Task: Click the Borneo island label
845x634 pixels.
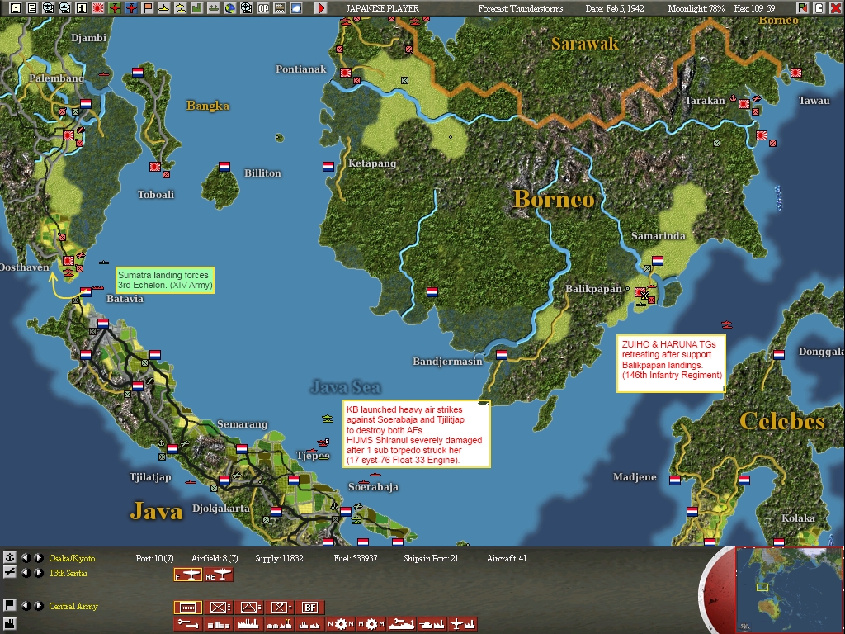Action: pos(553,199)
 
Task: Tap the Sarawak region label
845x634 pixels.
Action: pos(585,44)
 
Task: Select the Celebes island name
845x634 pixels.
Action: pos(781,421)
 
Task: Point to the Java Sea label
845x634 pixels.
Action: pos(346,386)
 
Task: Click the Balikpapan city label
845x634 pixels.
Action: pos(593,289)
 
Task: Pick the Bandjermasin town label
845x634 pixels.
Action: pos(447,362)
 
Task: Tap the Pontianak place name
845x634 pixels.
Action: pos(301,69)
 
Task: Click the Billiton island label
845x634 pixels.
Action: pos(262,173)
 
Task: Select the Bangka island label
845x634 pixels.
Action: pos(208,106)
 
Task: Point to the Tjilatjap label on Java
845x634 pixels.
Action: pos(150,477)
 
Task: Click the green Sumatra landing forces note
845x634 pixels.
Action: pos(165,279)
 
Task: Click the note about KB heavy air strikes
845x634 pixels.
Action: pos(416,434)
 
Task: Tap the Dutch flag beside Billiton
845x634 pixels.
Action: pos(224,167)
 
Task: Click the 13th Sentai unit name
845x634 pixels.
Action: pos(68,573)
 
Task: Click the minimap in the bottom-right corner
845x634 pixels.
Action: pos(789,589)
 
